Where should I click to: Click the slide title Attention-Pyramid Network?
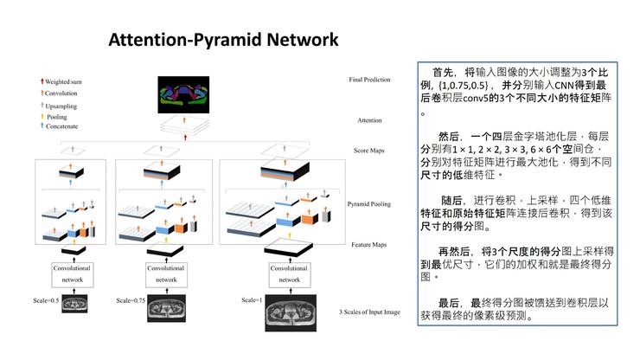click(x=223, y=40)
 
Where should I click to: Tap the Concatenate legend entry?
click(x=62, y=126)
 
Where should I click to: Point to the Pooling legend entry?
click(x=57, y=115)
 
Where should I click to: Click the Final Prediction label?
click(x=370, y=80)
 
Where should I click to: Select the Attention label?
click(x=370, y=120)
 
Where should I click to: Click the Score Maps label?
click(x=370, y=151)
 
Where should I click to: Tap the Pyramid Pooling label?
click(x=370, y=204)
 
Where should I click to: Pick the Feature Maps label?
click(x=370, y=245)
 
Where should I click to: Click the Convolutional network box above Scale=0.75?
click(x=166, y=273)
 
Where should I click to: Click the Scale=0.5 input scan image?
click(x=74, y=304)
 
